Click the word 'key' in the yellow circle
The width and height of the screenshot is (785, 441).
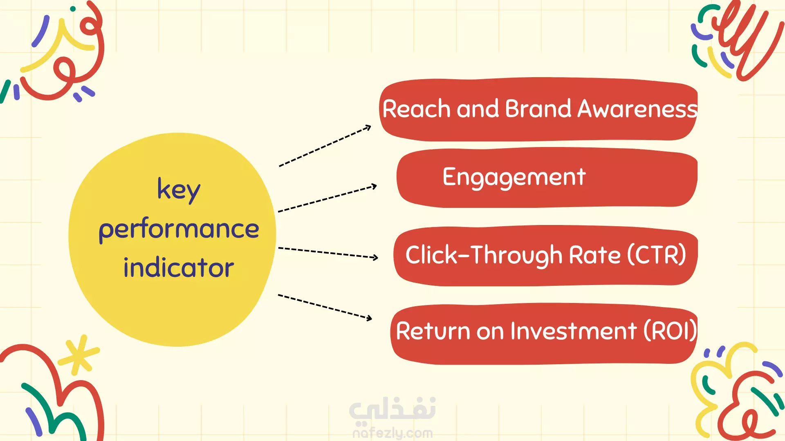pos(179,190)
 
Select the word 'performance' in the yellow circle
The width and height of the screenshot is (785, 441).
pos(179,229)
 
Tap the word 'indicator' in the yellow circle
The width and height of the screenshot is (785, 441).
pos(179,267)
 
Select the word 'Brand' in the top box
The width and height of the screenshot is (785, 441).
pos(538,109)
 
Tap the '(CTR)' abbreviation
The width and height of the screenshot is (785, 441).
pos(657,255)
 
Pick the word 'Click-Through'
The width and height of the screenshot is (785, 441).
pos(484,256)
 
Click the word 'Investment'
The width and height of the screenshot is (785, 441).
pos(574,331)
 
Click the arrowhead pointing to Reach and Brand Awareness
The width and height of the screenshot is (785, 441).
pos(368,128)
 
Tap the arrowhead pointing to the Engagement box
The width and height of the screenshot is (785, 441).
pos(374,187)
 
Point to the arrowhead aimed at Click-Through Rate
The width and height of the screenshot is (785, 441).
pos(375,257)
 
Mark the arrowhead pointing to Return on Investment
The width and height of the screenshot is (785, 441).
pos(369,318)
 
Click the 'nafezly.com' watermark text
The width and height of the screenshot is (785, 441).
pos(392,433)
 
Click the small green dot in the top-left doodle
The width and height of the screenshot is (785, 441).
pos(73,9)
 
